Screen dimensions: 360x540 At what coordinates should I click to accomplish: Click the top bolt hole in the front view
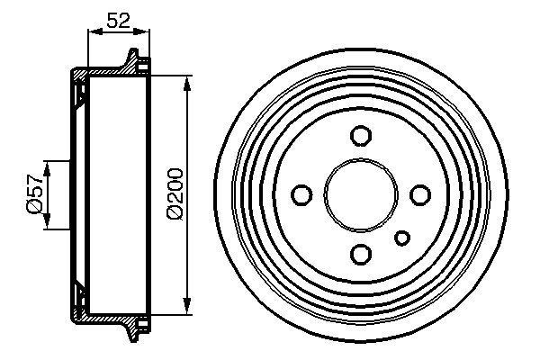(x=361, y=136)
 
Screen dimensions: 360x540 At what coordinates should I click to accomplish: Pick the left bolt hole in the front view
(x=302, y=194)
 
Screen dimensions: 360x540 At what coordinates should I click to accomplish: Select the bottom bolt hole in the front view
(x=361, y=253)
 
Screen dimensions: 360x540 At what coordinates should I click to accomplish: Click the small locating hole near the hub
(x=403, y=238)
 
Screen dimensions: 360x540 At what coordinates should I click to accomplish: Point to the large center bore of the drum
(x=361, y=194)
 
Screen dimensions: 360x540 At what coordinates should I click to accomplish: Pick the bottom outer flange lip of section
(x=137, y=327)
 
